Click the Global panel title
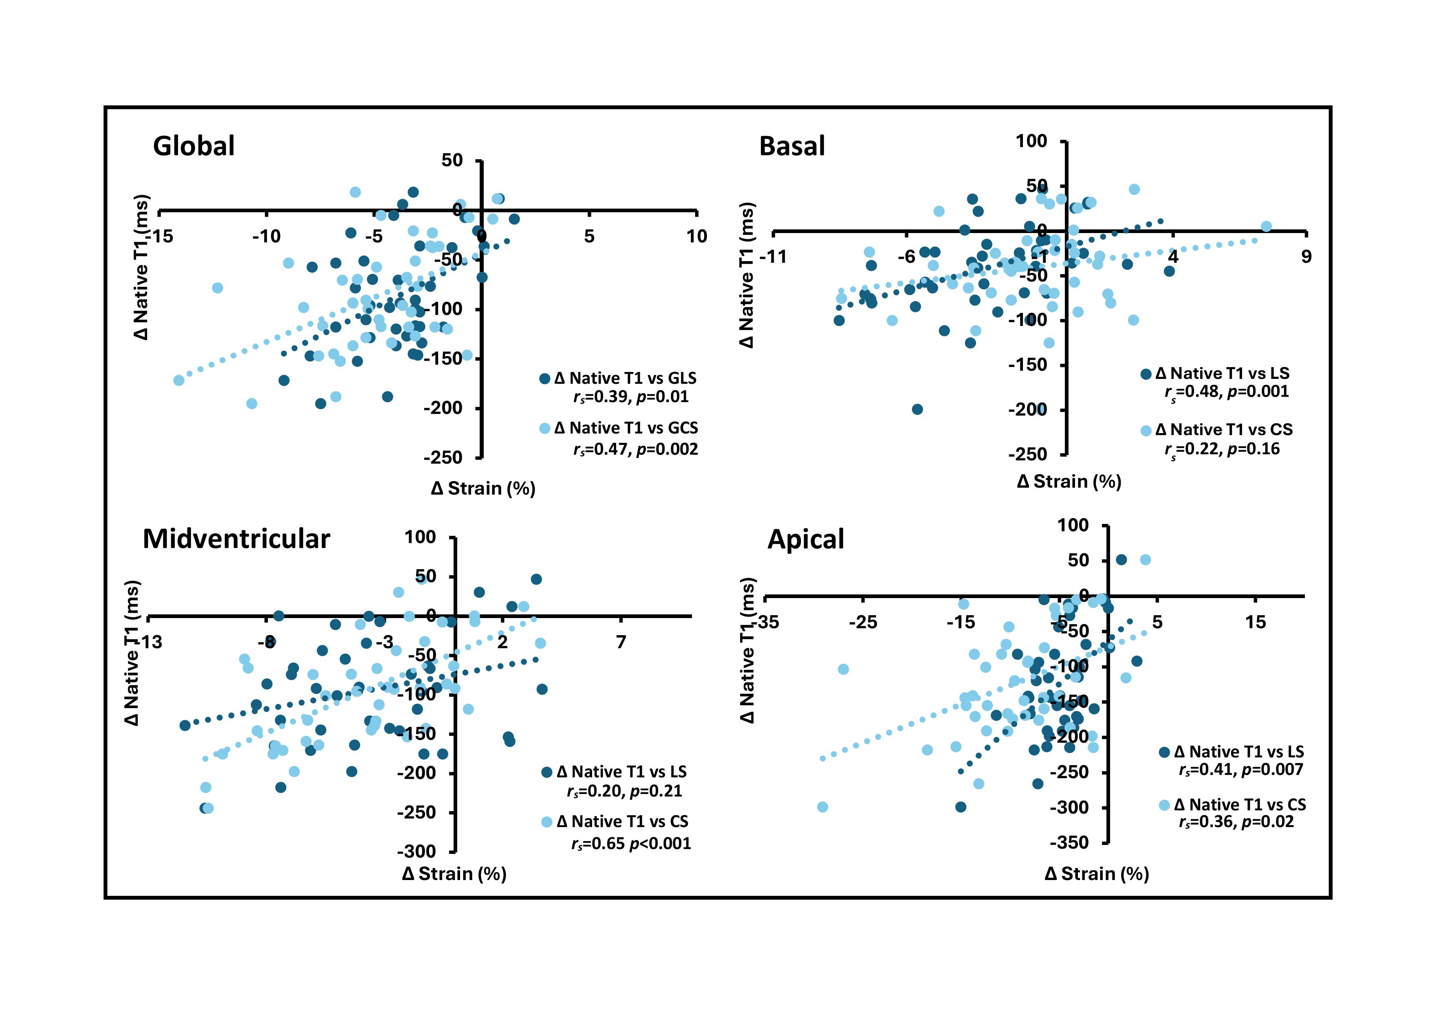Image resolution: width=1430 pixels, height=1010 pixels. point(194,146)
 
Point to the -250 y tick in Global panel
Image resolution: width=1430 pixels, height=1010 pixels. point(443,458)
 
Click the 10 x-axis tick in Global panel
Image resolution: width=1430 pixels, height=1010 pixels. point(696,237)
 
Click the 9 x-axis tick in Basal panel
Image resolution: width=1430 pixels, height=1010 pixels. point(1305,257)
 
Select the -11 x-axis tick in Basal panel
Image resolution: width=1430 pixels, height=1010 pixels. point(773,257)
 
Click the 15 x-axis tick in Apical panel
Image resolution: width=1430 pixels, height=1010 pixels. point(1255,622)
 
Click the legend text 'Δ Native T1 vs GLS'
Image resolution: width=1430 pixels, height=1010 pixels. point(625,378)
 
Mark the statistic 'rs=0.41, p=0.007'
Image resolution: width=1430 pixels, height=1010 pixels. point(1241,770)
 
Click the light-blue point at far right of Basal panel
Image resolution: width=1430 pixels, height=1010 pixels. point(1266,227)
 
